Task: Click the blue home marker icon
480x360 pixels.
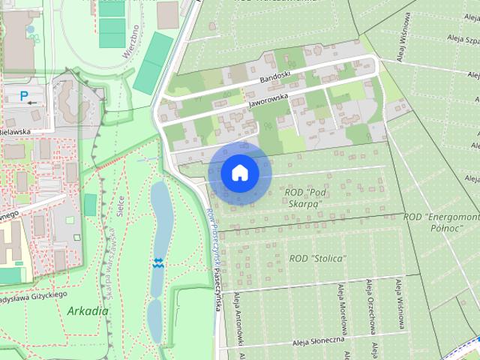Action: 240,172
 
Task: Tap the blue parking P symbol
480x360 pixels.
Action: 24,95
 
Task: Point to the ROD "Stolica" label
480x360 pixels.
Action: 317,259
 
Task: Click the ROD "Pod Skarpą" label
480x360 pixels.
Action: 304,198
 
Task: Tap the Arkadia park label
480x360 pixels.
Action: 87,310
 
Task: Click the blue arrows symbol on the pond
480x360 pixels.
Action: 158,262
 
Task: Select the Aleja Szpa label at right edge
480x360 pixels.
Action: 461,38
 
